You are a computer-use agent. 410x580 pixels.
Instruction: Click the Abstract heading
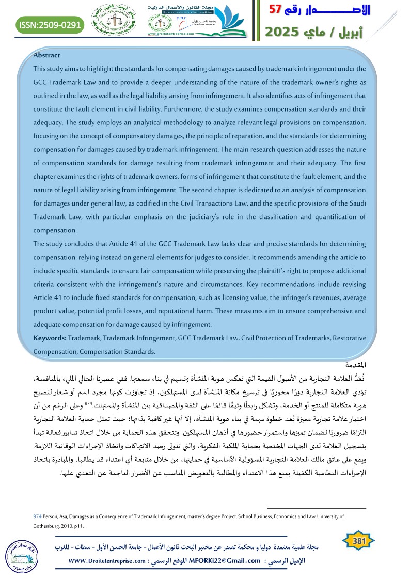coord(46,55)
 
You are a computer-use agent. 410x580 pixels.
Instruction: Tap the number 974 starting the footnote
coord(36,516)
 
